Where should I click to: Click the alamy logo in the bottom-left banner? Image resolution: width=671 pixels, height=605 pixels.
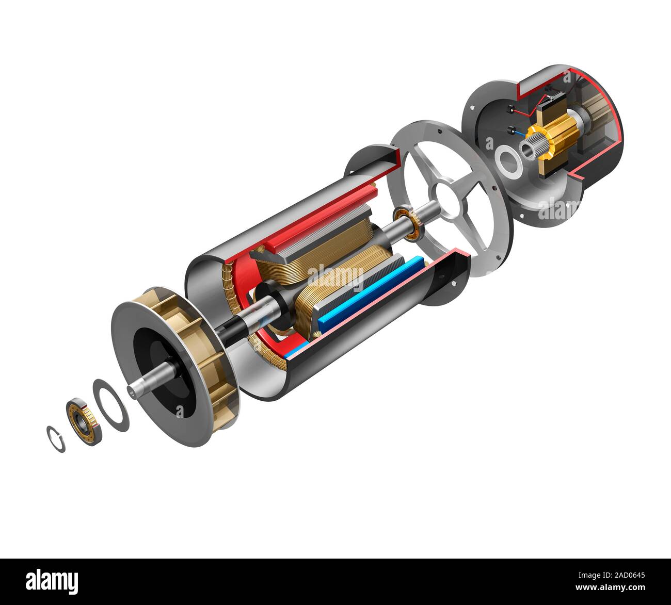pyautogui.click(x=52, y=581)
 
